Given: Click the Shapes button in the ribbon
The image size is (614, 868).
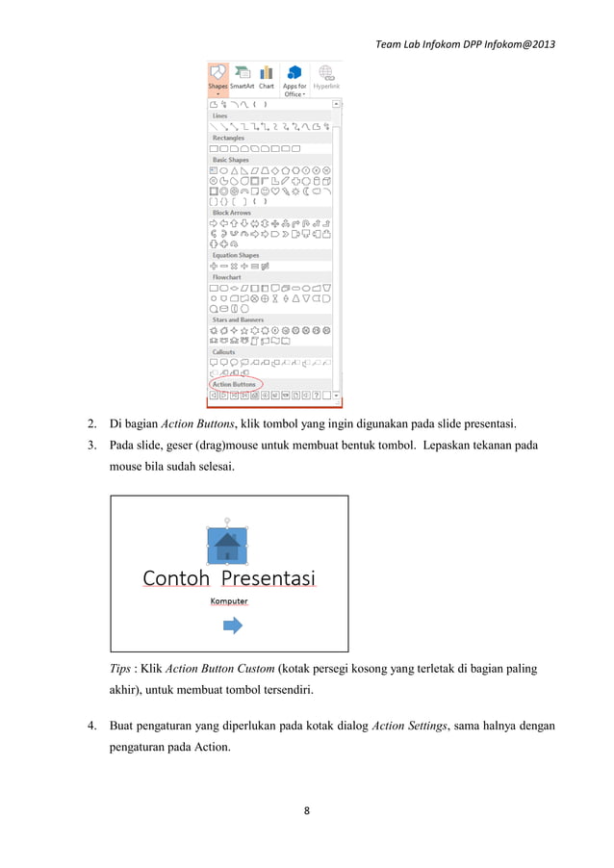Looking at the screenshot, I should [x=217, y=77].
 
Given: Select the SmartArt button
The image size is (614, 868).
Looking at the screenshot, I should [x=242, y=77].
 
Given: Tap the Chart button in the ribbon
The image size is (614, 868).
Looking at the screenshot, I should [x=267, y=77].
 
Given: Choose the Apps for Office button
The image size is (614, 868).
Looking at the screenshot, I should [x=294, y=79].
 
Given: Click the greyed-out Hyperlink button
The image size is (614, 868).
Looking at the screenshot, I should [x=327, y=77].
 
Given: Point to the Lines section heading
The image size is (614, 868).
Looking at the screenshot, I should [x=219, y=115].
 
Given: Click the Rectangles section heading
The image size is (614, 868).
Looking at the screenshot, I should [x=228, y=138].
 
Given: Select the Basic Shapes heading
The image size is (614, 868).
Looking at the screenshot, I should [x=230, y=160].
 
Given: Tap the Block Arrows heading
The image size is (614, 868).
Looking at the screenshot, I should [x=231, y=213].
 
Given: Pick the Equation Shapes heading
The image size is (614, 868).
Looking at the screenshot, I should [x=235, y=255].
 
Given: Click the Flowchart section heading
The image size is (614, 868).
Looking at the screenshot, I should [x=227, y=277].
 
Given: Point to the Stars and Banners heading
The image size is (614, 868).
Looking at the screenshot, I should [x=238, y=319].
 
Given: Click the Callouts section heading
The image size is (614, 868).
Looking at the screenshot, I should [x=224, y=352].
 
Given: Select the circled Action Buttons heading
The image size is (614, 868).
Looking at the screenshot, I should [x=234, y=384].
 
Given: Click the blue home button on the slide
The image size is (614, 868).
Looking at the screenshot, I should [x=227, y=545].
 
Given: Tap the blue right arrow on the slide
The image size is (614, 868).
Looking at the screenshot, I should [x=232, y=626].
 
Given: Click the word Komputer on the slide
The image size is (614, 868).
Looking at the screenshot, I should [x=229, y=601].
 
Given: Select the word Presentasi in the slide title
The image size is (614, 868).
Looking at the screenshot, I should [x=269, y=578].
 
